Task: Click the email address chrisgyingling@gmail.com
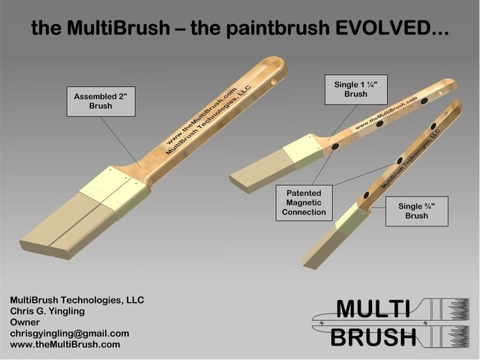(69, 333)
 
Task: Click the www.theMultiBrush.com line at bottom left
(65, 344)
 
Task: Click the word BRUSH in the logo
(373, 337)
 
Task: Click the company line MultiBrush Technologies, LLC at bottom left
(76, 299)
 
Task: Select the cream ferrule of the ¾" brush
(350, 217)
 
